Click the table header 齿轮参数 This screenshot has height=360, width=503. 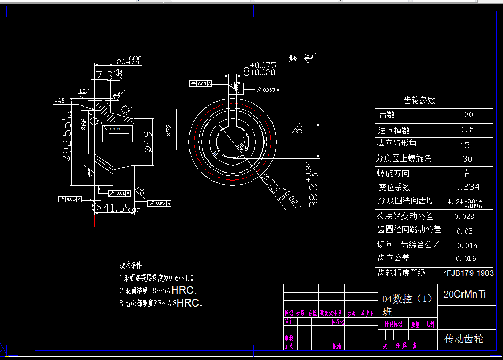(x=420, y=100)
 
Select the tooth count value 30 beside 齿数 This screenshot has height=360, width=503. (x=468, y=114)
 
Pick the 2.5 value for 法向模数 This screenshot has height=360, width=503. (x=468, y=129)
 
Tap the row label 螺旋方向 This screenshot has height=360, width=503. (x=393, y=173)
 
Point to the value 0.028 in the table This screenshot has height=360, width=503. (x=464, y=217)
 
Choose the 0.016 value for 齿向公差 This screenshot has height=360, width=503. (x=466, y=258)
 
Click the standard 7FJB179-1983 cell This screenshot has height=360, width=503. (x=468, y=273)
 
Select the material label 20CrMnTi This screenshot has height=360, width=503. (x=465, y=294)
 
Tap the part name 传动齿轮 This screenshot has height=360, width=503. (x=464, y=339)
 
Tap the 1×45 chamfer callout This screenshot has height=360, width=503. (x=59, y=100)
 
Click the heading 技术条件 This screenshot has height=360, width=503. (x=130, y=265)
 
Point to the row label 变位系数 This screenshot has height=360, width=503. (x=394, y=187)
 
